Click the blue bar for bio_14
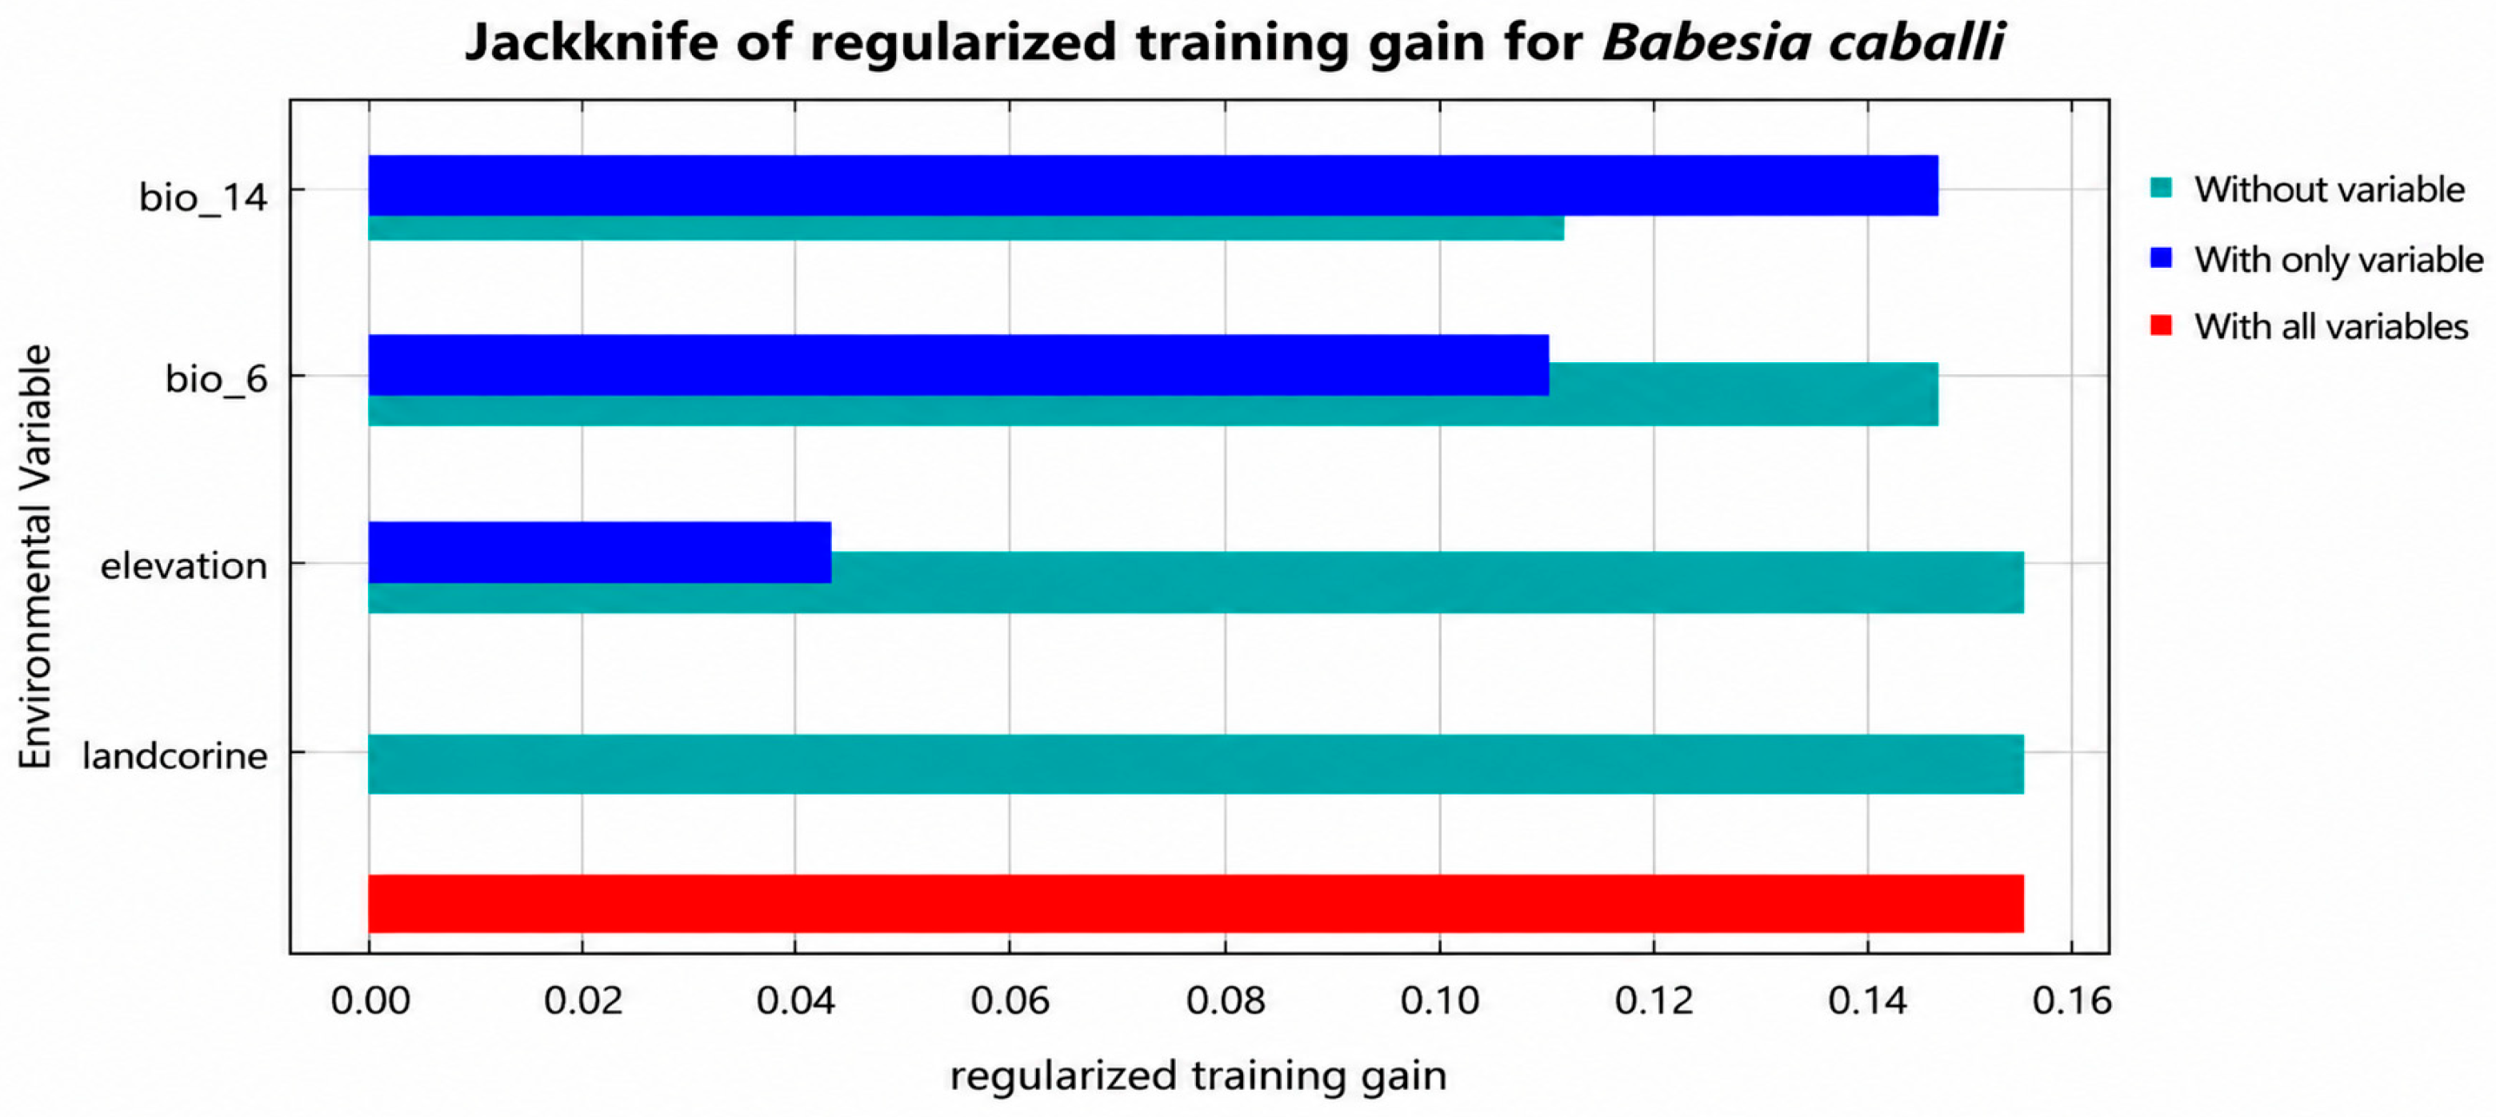point(1153,185)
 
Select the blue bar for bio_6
point(958,365)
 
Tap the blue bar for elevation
point(600,553)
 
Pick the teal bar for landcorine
point(1196,764)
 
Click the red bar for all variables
point(1196,904)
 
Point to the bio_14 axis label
point(202,197)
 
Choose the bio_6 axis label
point(216,379)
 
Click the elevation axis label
point(184,566)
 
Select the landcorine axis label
point(174,756)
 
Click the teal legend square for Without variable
point(2161,188)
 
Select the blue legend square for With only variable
point(2161,257)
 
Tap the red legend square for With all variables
point(2161,325)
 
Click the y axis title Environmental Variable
point(35,557)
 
